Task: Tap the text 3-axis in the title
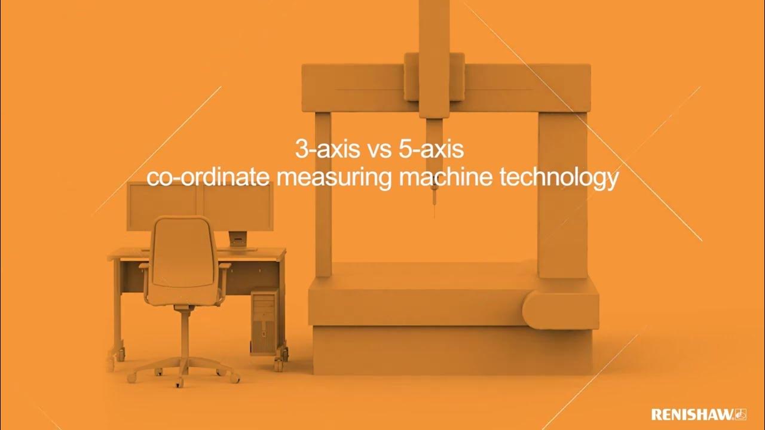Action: (x=326, y=149)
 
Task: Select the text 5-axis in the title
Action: (x=431, y=149)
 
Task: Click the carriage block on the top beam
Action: (x=434, y=84)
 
